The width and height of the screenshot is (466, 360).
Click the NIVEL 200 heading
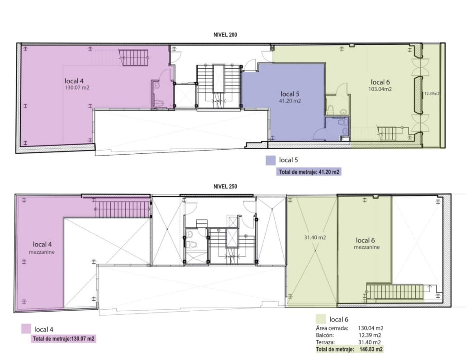[x=225, y=35]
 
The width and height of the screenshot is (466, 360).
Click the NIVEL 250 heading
[x=225, y=186]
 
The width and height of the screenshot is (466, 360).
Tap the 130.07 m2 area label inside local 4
[x=77, y=88]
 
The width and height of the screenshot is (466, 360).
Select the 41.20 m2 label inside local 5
[x=290, y=101]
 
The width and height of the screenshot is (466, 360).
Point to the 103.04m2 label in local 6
[x=380, y=89]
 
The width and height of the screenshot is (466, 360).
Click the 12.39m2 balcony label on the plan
[x=432, y=94]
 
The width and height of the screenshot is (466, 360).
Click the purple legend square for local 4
[x=26, y=329]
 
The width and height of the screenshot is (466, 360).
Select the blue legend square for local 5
[x=271, y=161]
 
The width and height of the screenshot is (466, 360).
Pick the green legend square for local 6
[x=321, y=319]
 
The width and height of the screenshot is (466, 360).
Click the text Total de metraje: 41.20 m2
[x=309, y=172]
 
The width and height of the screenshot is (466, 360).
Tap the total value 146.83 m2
[x=371, y=349]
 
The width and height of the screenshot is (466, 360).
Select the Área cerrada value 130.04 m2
[x=371, y=328]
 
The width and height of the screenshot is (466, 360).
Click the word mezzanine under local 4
[x=42, y=252]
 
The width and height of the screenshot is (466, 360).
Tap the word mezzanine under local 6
[x=367, y=247]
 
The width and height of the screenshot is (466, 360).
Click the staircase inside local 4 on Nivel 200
[x=133, y=57]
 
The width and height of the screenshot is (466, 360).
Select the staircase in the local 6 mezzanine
[x=395, y=292]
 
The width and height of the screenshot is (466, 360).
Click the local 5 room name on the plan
[x=290, y=94]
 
